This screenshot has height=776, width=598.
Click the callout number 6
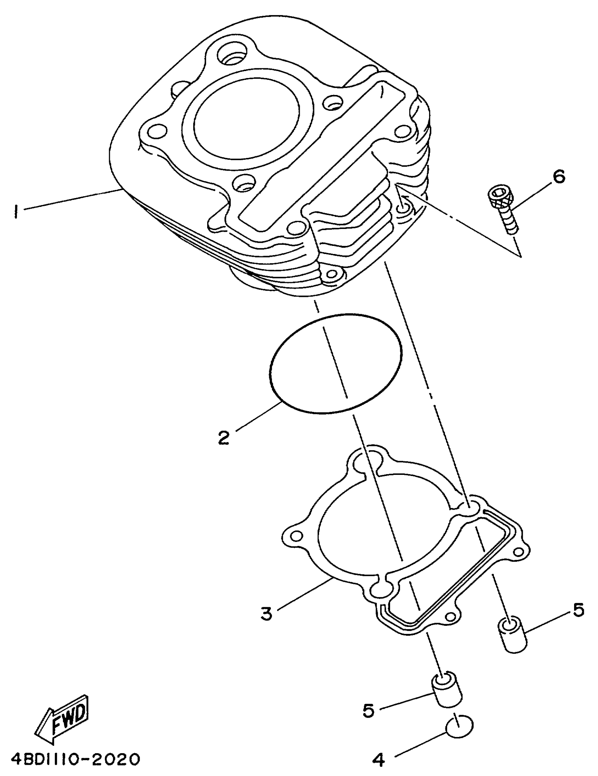pyautogui.click(x=558, y=177)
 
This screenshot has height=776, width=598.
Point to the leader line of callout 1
pyautogui.click(x=71, y=200)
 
